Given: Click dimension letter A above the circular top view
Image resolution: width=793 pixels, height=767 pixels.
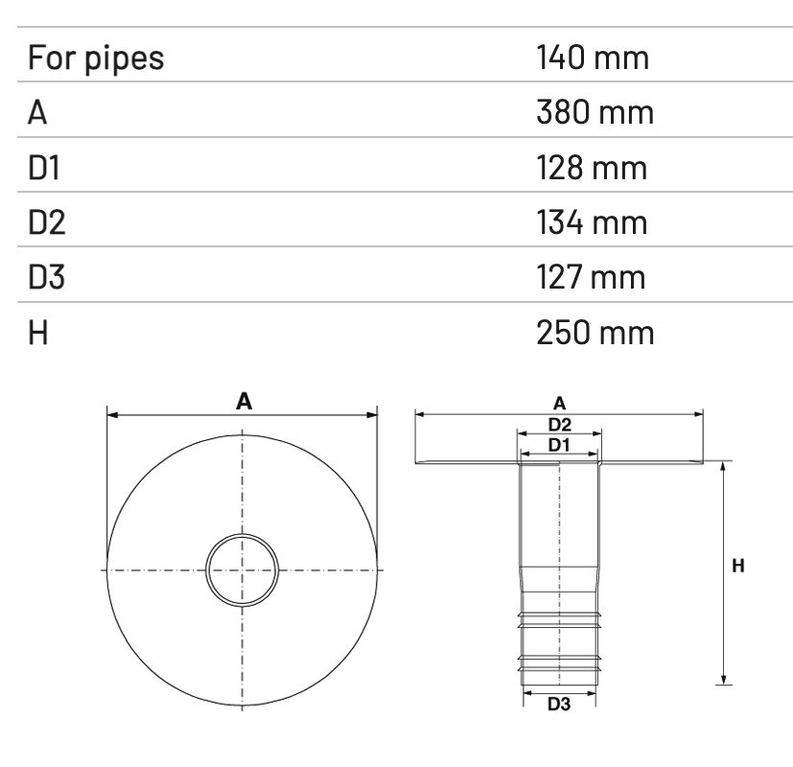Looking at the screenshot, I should [x=244, y=402].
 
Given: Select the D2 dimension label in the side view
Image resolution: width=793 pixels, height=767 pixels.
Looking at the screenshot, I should [x=560, y=424].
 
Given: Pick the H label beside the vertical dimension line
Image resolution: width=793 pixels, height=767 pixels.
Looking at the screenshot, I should [x=738, y=567].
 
